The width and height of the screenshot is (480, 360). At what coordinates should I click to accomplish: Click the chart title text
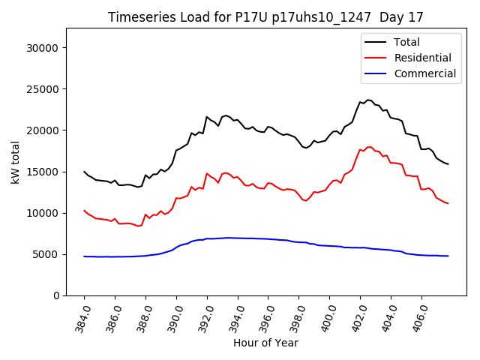click(265, 17)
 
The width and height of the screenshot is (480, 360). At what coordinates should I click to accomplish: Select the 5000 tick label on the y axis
click(47, 254)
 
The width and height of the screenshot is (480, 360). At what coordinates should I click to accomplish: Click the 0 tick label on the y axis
click(57, 295)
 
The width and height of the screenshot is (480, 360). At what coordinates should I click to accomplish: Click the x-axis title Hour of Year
click(265, 343)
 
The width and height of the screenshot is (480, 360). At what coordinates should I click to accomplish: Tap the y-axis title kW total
click(16, 162)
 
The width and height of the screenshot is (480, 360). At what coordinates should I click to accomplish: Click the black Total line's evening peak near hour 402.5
click(368, 100)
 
